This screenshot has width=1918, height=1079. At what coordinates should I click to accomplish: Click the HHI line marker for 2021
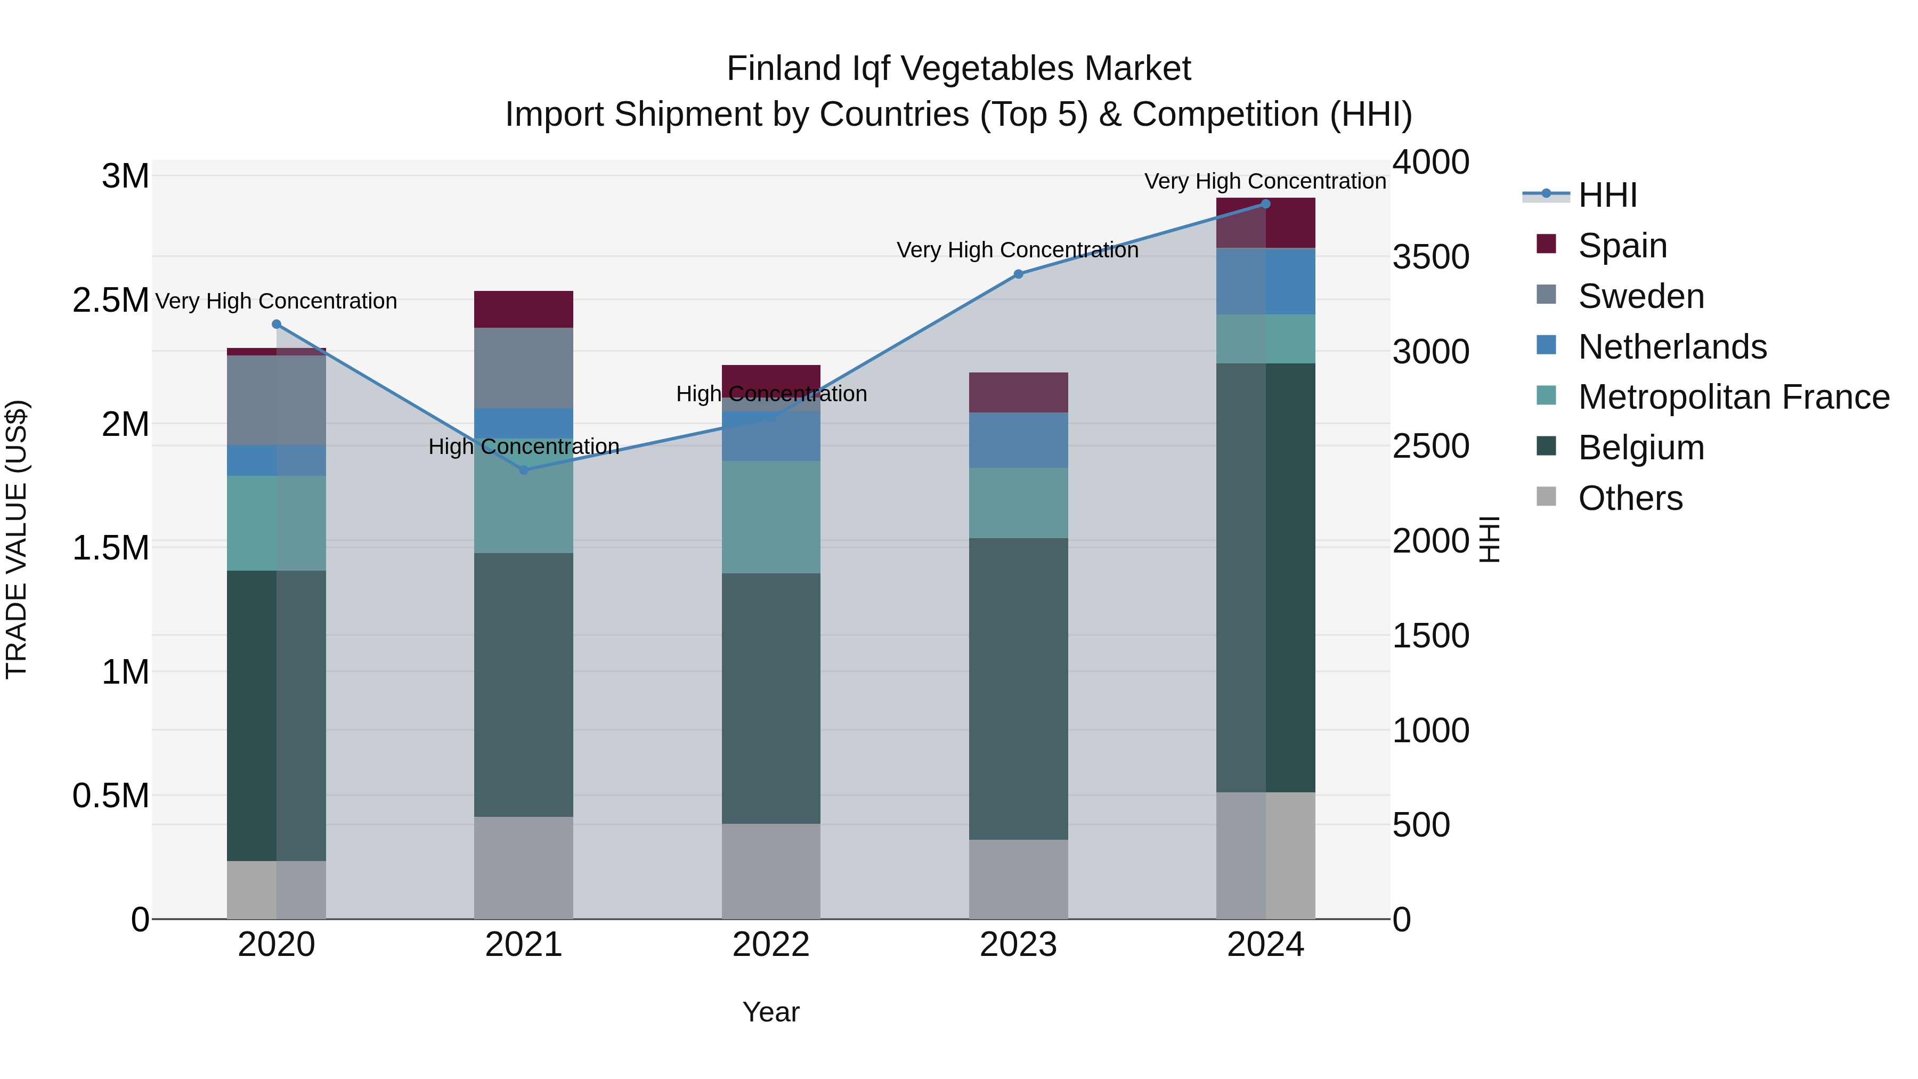[x=523, y=470]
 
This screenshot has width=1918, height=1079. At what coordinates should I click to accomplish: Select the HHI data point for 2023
[x=1019, y=274]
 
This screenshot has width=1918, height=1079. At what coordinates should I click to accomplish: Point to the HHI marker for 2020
[x=276, y=324]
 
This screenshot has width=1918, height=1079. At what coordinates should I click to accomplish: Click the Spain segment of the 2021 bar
[x=523, y=309]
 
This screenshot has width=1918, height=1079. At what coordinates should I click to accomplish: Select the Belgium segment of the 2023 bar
[x=1019, y=689]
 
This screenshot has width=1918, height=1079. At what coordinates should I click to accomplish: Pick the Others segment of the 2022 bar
[x=770, y=871]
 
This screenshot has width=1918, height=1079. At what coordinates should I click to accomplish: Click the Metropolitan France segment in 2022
[x=770, y=517]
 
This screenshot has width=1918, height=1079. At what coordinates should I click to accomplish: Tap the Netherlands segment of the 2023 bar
[x=1019, y=440]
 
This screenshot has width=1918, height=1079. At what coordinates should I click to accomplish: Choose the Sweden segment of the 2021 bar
[x=523, y=368]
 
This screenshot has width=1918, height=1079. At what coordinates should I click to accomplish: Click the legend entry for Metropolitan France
[x=1733, y=397]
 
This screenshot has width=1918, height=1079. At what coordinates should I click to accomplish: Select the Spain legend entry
[x=1622, y=246]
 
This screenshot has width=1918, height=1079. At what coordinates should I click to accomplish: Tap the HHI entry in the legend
[x=1607, y=195]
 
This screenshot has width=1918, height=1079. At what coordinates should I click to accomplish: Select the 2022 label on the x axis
[x=770, y=945]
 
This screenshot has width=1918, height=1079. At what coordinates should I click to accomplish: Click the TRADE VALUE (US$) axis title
[x=17, y=539]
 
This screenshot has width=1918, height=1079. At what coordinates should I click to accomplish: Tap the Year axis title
[x=770, y=1012]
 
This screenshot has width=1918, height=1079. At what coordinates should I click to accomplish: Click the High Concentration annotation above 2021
[x=523, y=447]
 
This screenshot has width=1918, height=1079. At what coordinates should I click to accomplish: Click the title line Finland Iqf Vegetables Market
[x=958, y=69]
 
